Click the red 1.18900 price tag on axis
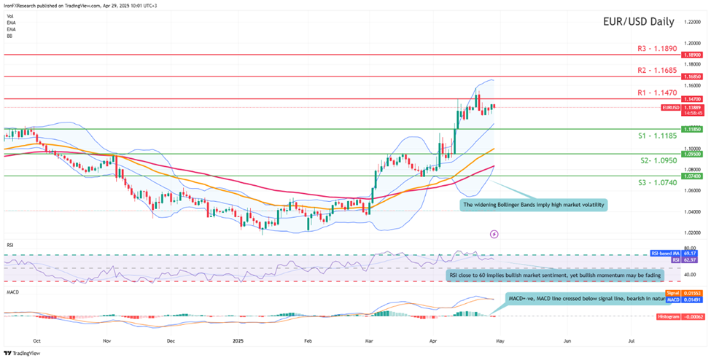coord(692,55)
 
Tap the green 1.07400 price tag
coord(692,176)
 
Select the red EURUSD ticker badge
coord(670,107)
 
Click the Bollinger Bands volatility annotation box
coord(535,205)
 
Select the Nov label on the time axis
coord(106,340)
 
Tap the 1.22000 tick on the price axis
coord(692,22)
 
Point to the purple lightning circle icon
coord(494,234)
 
